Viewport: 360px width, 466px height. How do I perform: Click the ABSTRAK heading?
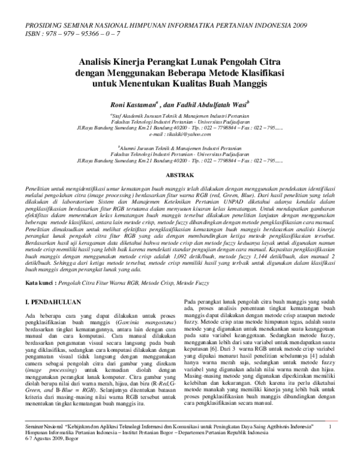pyautogui.click(x=179, y=175)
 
